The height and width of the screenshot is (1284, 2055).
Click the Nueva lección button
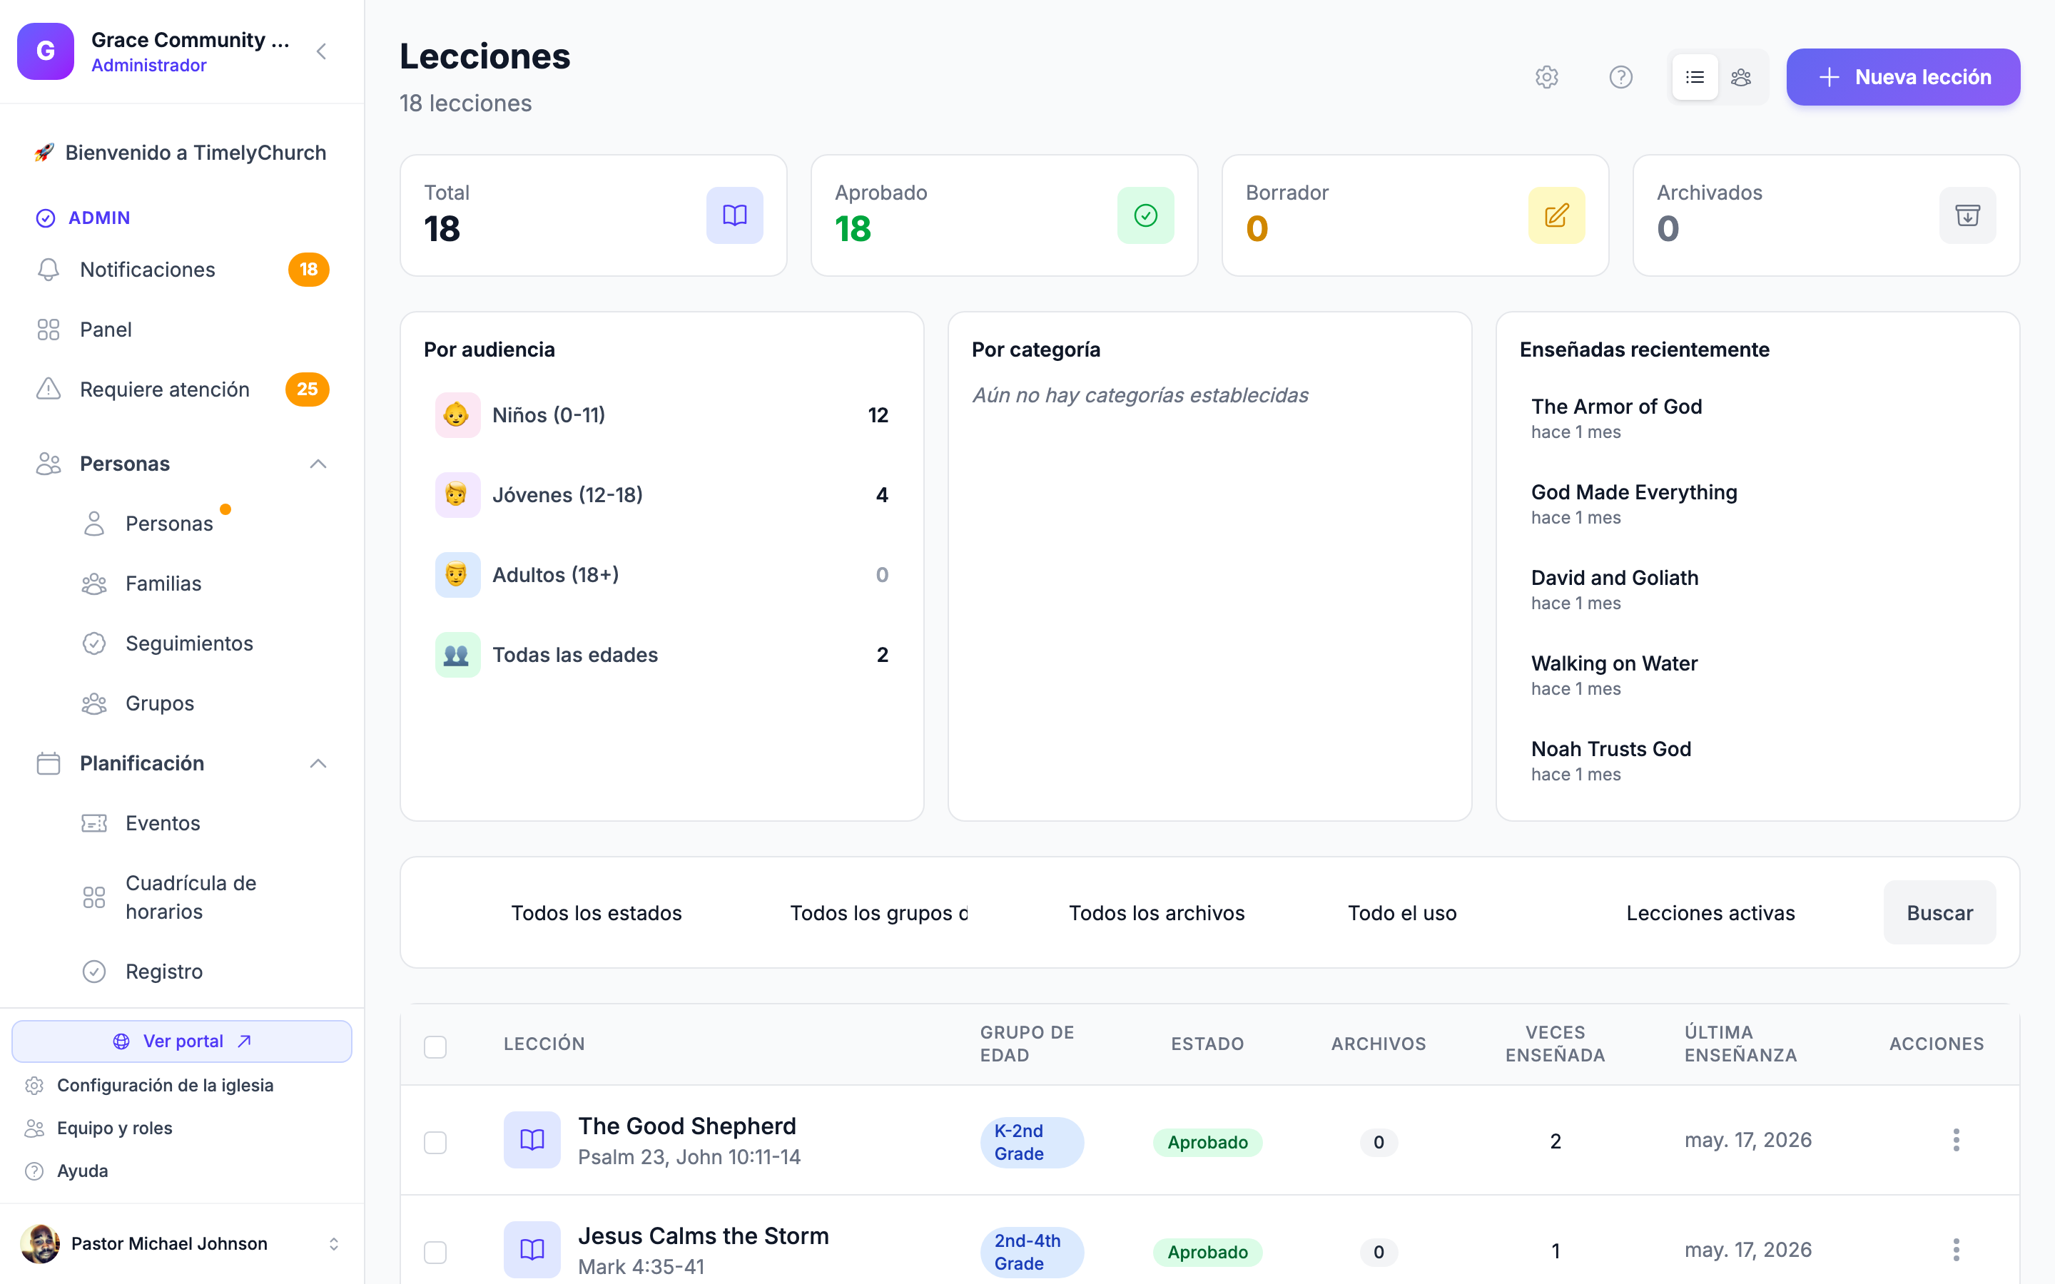(1902, 77)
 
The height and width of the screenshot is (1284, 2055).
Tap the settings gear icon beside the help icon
(1546, 77)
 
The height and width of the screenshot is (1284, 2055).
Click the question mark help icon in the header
(1620, 77)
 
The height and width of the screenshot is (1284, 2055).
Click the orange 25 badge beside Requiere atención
(308, 389)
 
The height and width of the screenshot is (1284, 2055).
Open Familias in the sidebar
(163, 584)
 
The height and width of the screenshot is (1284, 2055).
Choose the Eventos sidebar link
(162, 823)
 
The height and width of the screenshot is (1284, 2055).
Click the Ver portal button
(182, 1041)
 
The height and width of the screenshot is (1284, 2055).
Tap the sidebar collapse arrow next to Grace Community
(321, 52)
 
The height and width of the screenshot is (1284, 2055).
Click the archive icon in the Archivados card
(1967, 215)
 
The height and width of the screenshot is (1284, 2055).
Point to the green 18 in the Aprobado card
(853, 228)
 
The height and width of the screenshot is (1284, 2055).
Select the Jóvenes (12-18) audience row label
(567, 494)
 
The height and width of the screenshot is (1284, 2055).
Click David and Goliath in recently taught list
(1614, 578)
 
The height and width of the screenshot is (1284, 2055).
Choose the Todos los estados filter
(596, 913)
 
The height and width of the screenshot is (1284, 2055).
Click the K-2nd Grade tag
(1031, 1141)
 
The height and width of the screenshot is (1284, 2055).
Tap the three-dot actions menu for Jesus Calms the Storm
(1956, 1250)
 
